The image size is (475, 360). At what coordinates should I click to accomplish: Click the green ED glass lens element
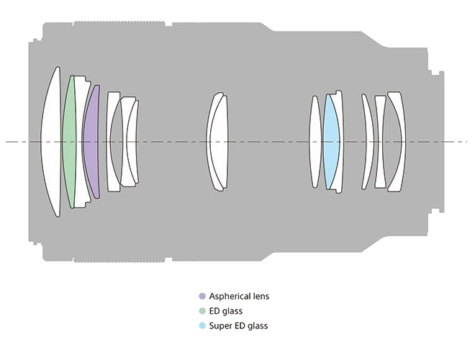click(x=69, y=141)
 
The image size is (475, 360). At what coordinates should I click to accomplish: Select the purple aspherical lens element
click(x=91, y=141)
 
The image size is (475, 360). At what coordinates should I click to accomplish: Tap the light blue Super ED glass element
click(x=330, y=141)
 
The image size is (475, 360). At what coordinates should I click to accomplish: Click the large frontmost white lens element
click(x=52, y=141)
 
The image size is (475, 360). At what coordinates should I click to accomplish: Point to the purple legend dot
click(x=202, y=296)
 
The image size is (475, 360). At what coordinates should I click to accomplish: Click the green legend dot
click(x=202, y=311)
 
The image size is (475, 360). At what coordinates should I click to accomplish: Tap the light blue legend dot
click(x=202, y=326)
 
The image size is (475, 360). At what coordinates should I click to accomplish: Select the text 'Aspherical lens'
click(x=239, y=296)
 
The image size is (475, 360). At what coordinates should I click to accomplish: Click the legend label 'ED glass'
click(x=227, y=311)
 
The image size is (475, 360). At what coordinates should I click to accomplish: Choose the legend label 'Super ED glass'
click(x=238, y=326)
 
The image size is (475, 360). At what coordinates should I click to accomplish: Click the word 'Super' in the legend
click(x=220, y=326)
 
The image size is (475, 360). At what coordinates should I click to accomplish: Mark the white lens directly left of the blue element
click(x=315, y=141)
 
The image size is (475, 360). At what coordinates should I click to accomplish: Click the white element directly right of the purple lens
click(x=113, y=141)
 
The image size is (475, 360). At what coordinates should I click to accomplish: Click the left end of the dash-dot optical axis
click(x=7, y=141)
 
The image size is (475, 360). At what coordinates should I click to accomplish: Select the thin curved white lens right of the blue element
click(x=368, y=141)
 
